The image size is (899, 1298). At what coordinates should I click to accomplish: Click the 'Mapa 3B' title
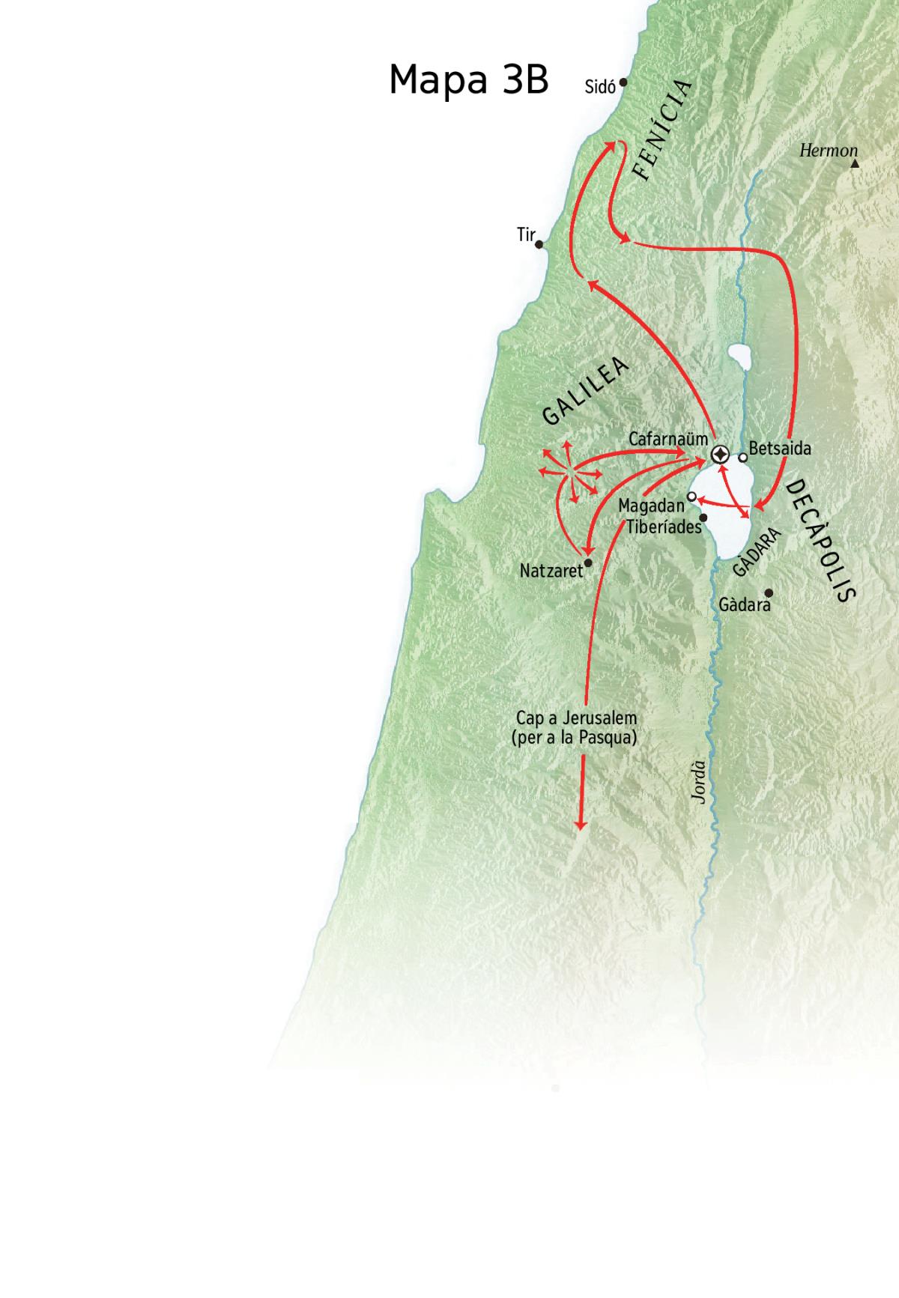(468, 80)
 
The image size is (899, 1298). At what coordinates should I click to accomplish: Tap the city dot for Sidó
(623, 83)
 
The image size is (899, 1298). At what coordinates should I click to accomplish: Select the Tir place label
(526, 235)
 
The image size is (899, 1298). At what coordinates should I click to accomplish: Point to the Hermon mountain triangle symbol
(854, 163)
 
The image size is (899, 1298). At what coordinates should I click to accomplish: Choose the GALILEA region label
(585, 391)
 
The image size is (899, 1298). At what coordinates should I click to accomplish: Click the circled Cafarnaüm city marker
(719, 455)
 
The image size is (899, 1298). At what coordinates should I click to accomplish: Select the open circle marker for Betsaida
(742, 457)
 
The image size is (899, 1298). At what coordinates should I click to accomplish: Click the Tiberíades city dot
(703, 518)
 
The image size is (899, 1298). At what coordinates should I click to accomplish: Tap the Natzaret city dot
(588, 562)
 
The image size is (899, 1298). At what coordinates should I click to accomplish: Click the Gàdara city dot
(768, 592)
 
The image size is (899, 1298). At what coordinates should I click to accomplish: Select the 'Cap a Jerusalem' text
(576, 718)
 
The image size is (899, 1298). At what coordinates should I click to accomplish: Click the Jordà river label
(698, 783)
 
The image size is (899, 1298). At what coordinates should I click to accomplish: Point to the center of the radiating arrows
(568, 473)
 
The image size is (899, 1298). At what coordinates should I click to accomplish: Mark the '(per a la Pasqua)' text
(574, 737)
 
